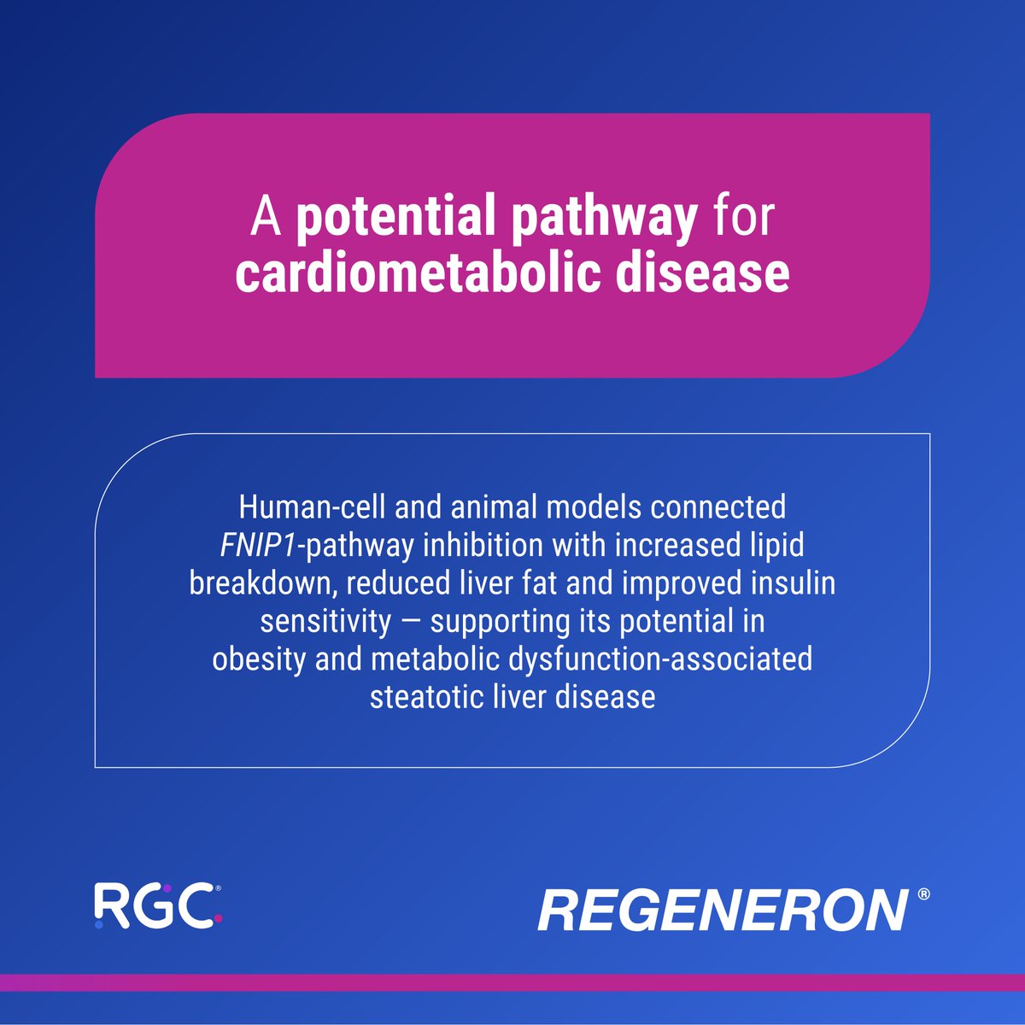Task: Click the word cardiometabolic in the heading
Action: point(419,272)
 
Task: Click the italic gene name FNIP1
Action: point(258,546)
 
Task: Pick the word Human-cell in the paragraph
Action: point(312,507)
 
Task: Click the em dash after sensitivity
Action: point(410,623)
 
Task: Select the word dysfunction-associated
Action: point(660,660)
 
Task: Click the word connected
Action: point(717,507)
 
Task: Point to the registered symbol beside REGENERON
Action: point(924,894)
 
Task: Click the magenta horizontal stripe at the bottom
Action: point(512,982)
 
